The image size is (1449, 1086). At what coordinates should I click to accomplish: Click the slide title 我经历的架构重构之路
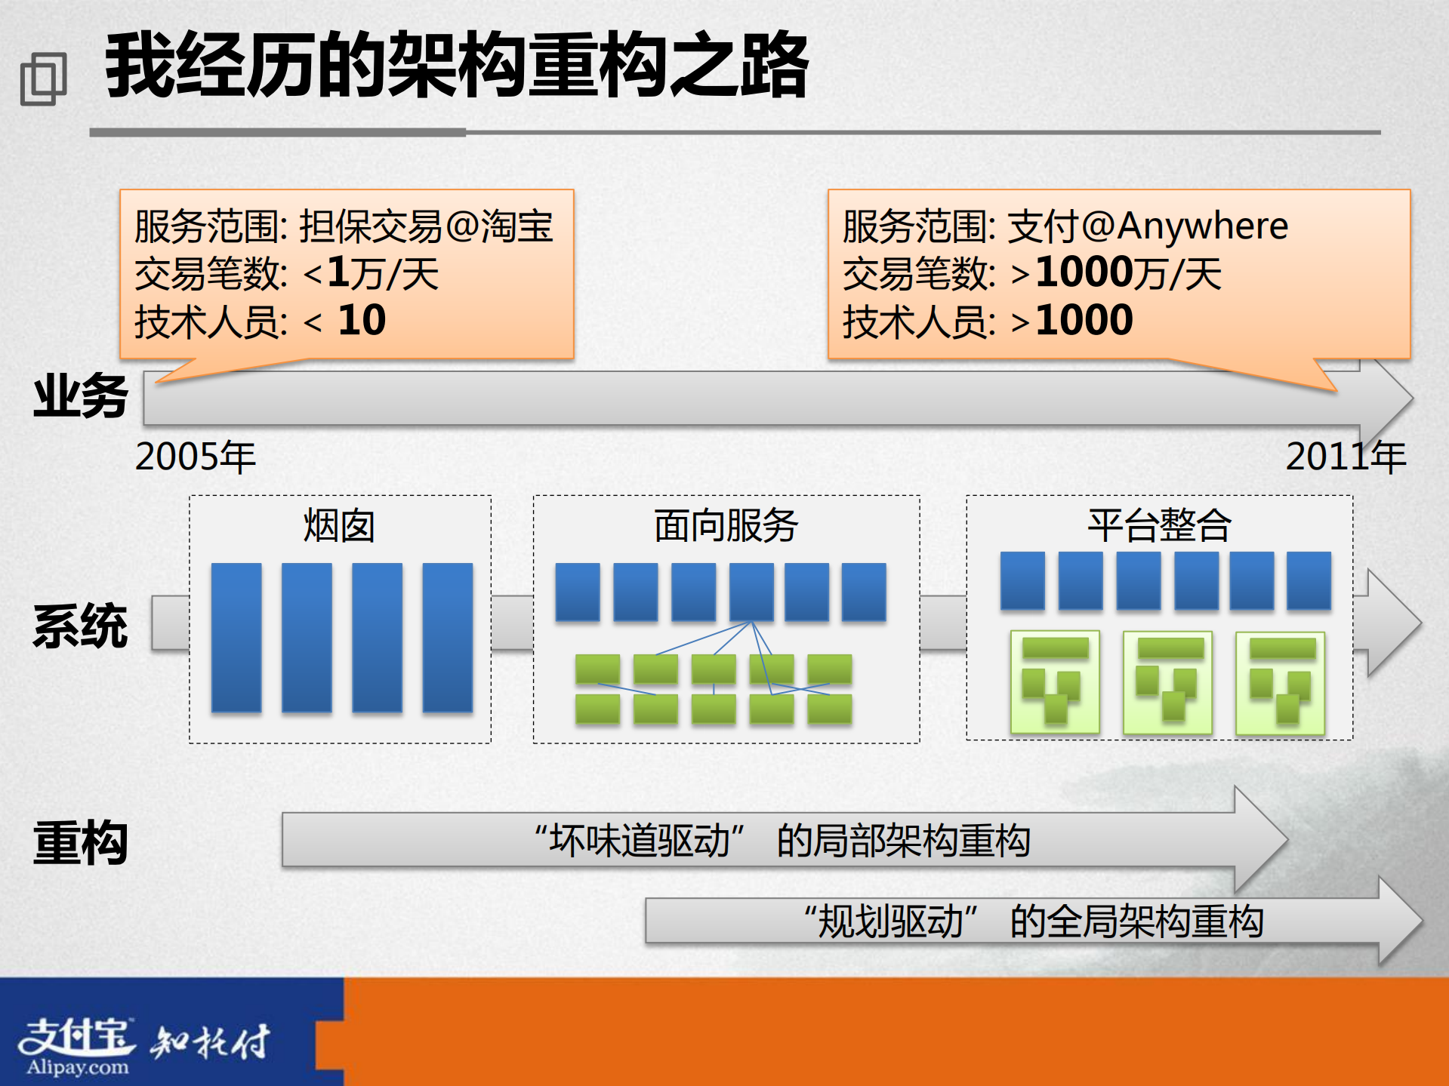click(457, 66)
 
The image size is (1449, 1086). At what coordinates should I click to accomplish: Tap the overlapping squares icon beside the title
click(43, 78)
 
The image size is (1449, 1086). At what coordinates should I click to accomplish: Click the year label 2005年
click(196, 457)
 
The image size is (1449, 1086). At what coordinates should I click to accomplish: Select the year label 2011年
click(1345, 457)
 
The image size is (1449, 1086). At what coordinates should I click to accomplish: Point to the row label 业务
click(81, 396)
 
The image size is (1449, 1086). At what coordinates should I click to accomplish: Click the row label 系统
click(81, 626)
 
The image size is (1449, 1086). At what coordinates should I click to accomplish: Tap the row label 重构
click(81, 842)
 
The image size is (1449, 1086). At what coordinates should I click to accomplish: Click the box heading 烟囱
click(339, 526)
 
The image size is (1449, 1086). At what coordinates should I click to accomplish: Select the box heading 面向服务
click(726, 526)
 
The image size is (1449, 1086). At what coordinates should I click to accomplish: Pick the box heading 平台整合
click(1159, 526)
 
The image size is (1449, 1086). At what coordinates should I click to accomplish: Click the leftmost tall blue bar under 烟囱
click(236, 637)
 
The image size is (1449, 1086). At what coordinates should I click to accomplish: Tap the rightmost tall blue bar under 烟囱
click(448, 637)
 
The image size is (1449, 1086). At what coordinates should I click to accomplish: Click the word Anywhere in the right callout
click(1202, 226)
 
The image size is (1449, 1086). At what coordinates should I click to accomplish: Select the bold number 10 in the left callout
click(362, 320)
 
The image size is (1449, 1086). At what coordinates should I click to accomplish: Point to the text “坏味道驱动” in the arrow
click(639, 840)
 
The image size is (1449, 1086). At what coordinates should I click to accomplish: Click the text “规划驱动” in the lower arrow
click(891, 921)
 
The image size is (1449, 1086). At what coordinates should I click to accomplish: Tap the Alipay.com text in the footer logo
click(78, 1067)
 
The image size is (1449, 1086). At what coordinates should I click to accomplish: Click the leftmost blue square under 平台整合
click(1022, 580)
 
